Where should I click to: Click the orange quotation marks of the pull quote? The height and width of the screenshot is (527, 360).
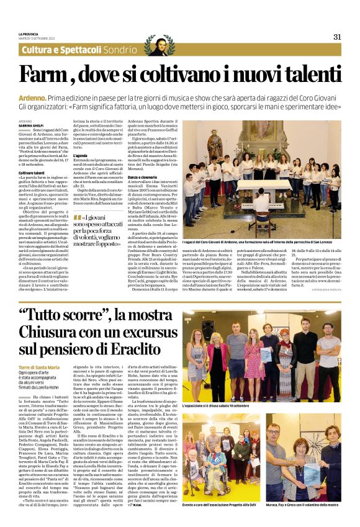77,217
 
